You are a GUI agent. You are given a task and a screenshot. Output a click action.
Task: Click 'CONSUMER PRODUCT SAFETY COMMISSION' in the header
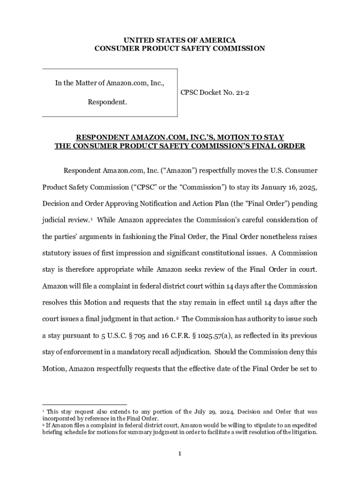point(180,48)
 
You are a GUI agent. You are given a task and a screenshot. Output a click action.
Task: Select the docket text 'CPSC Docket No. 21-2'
point(215,93)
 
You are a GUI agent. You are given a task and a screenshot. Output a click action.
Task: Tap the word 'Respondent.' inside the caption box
point(108,102)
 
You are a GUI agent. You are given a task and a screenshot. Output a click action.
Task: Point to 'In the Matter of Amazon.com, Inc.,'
point(109,83)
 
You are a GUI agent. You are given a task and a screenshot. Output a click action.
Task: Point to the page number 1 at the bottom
point(180,453)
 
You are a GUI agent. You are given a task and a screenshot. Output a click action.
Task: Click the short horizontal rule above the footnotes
point(84,404)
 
